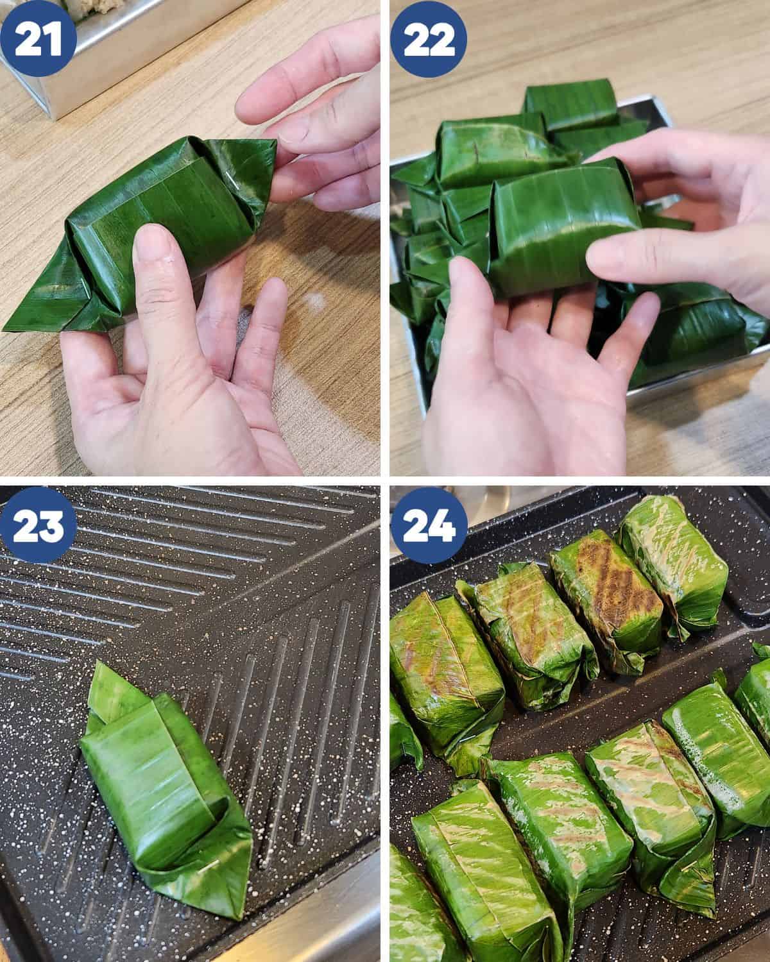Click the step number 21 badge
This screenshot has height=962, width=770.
[x=38, y=39]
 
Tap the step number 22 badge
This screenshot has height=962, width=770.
[x=429, y=39]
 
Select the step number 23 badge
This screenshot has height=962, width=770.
[x=38, y=525]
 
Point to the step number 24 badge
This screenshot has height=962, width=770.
[x=429, y=525]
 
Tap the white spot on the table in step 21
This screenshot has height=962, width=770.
[x=316, y=300]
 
